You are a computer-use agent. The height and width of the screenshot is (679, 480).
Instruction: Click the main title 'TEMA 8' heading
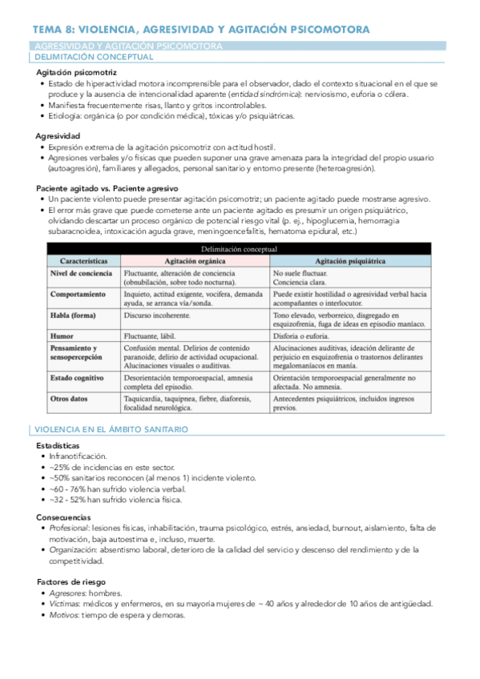coord(200,29)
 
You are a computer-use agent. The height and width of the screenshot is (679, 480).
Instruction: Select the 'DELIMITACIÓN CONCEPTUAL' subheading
coord(91,58)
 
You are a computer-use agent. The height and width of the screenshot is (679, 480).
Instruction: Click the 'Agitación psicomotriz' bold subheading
coord(75,72)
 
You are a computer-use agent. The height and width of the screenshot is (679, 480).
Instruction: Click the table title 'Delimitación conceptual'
coord(240,249)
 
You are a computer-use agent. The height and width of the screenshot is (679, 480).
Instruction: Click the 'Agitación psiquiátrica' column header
coord(351,261)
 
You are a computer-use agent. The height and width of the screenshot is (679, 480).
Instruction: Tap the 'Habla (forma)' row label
coord(73,315)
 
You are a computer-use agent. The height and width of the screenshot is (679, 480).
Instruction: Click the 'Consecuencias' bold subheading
coord(63,517)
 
